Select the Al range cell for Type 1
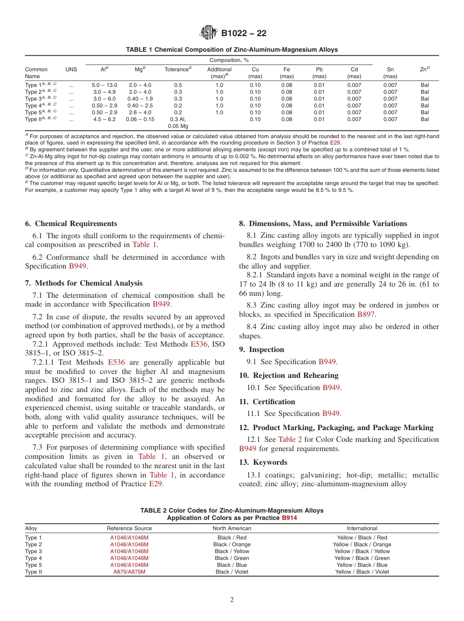(105, 85)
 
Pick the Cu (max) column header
(255, 73)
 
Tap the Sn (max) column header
(390, 73)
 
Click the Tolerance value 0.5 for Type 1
(178, 85)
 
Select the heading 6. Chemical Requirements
(71, 224)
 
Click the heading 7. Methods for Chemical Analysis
(84, 283)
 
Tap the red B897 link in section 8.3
(366, 315)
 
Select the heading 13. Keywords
(263, 462)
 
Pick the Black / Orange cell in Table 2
(232, 544)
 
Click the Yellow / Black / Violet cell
(362, 572)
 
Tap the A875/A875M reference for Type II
(129, 572)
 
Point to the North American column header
(232, 528)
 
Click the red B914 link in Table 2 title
(289, 517)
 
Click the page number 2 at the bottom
(232, 600)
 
